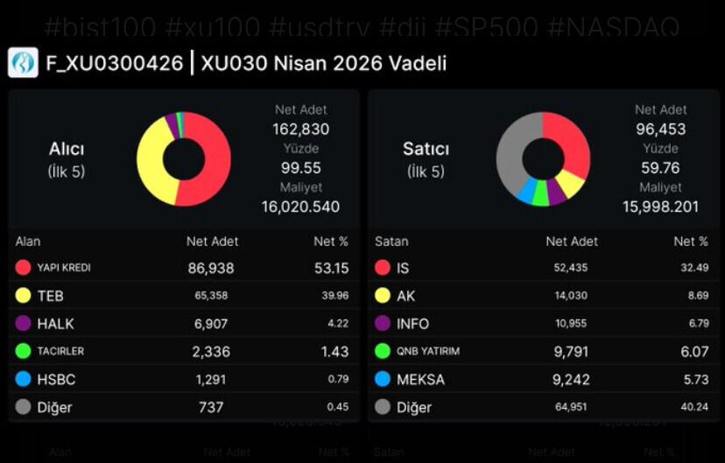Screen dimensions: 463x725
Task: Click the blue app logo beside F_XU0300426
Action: tap(23, 63)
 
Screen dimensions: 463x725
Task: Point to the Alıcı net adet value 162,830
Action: tap(300, 129)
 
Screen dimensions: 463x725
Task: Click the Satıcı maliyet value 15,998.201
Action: tap(661, 207)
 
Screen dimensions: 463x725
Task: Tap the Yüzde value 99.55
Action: tap(300, 167)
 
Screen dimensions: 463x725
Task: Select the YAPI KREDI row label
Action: tap(63, 268)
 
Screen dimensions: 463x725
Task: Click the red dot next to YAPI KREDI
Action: tap(24, 268)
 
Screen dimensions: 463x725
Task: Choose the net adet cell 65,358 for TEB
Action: tap(211, 296)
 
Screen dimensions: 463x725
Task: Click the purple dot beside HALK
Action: tap(24, 324)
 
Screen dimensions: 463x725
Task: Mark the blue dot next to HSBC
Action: tap(24, 379)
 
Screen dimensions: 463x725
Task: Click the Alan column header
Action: tap(28, 242)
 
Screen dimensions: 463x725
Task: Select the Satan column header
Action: tap(391, 242)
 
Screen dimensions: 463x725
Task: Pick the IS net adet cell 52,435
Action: tap(571, 268)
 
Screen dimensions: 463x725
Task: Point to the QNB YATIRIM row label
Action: tap(427, 351)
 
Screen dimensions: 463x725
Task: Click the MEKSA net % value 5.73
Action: tap(691, 379)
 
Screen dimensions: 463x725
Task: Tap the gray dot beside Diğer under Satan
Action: tap(383, 407)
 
